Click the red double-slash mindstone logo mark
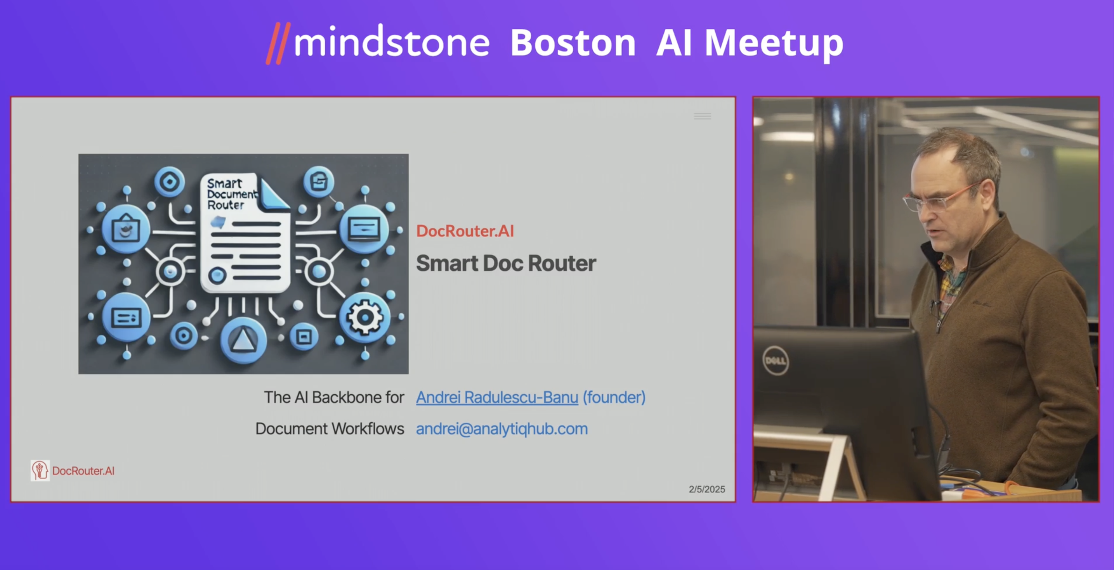click(x=278, y=43)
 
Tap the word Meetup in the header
click(x=774, y=43)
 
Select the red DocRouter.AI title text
click(x=465, y=231)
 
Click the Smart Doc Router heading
click(x=506, y=263)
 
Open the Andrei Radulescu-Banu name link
click(x=497, y=397)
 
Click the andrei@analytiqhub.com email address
click(x=501, y=429)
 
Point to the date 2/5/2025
click(x=706, y=489)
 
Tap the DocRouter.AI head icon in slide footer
click(x=40, y=470)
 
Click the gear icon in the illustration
click(x=364, y=318)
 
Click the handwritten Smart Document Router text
click(x=232, y=194)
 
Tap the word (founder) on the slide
click(x=614, y=397)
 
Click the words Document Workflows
click(x=330, y=429)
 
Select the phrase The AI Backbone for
click(x=334, y=397)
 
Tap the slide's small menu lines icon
click(x=702, y=116)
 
